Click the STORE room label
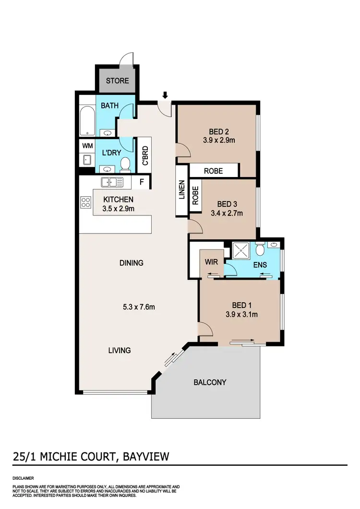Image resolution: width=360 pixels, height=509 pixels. (x=118, y=80)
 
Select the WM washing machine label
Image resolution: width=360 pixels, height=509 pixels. (x=87, y=145)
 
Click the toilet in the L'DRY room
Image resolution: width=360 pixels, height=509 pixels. (x=125, y=164)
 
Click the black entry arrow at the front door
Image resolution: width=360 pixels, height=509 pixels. (x=165, y=95)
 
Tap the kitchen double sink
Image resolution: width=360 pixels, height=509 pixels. (x=112, y=182)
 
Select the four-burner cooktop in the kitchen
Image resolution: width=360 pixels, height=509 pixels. (x=86, y=202)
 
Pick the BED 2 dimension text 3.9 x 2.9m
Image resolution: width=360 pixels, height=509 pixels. (x=218, y=141)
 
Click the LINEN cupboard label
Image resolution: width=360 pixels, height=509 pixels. (x=181, y=190)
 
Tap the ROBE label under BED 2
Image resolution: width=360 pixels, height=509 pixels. (x=213, y=170)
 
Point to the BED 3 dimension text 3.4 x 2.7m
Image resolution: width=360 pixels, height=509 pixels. (x=227, y=213)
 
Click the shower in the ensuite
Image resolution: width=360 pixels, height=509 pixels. (x=239, y=250)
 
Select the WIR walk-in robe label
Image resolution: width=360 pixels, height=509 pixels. (x=212, y=262)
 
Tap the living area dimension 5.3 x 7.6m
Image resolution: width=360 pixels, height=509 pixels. (x=138, y=307)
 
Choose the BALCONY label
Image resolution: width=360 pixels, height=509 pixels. (x=210, y=382)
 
